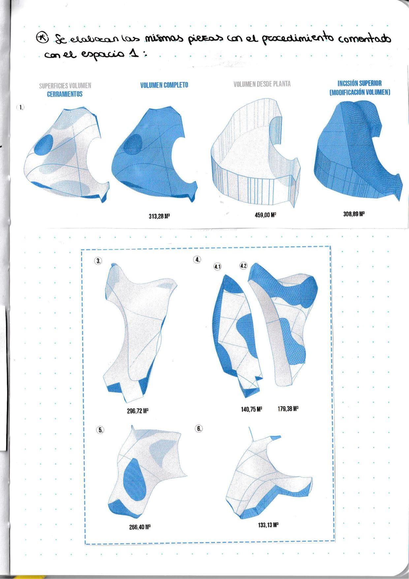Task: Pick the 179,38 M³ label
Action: (288, 409)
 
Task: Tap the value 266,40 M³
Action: (140, 527)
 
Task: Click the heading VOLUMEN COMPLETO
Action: (164, 85)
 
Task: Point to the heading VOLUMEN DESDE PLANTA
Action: (262, 84)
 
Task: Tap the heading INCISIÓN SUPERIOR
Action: (359, 84)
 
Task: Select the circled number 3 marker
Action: (98, 261)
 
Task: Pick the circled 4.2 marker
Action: (243, 266)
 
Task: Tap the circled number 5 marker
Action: (100, 430)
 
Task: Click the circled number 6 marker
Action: (199, 428)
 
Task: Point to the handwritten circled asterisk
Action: (43, 37)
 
